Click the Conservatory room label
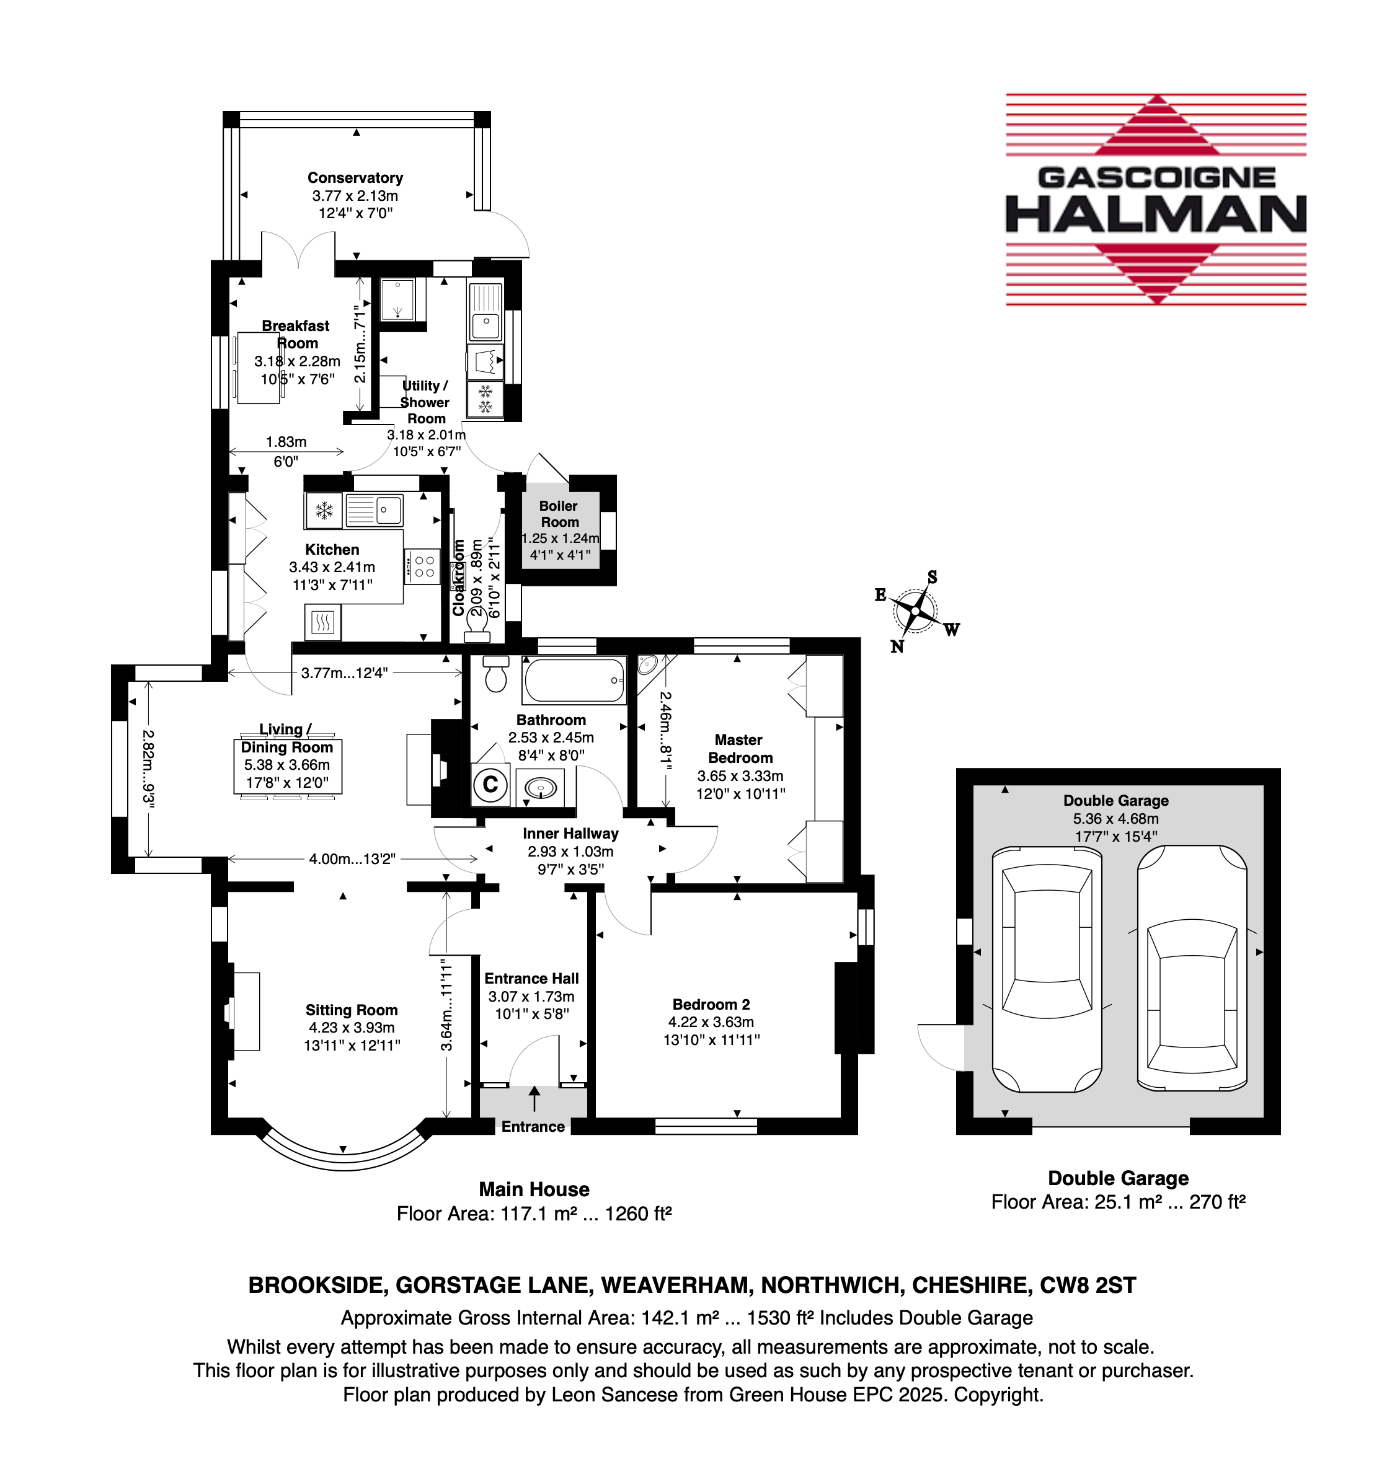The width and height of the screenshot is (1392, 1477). point(355,177)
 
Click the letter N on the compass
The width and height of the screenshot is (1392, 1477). point(897,646)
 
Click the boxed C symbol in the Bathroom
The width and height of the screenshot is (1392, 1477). point(490,785)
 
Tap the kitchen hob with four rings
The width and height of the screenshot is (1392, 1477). point(423,567)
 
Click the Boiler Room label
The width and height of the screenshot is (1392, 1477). point(559,513)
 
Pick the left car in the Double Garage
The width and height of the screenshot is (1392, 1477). point(1047,969)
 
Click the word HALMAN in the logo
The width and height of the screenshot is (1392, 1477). point(1156,214)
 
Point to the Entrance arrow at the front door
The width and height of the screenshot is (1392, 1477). point(534,1099)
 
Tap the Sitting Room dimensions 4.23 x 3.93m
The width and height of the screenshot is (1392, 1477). point(352,1028)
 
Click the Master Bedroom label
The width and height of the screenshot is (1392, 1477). point(740,749)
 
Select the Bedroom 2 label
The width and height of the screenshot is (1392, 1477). point(711,1005)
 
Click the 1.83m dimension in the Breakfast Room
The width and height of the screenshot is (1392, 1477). point(286,442)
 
